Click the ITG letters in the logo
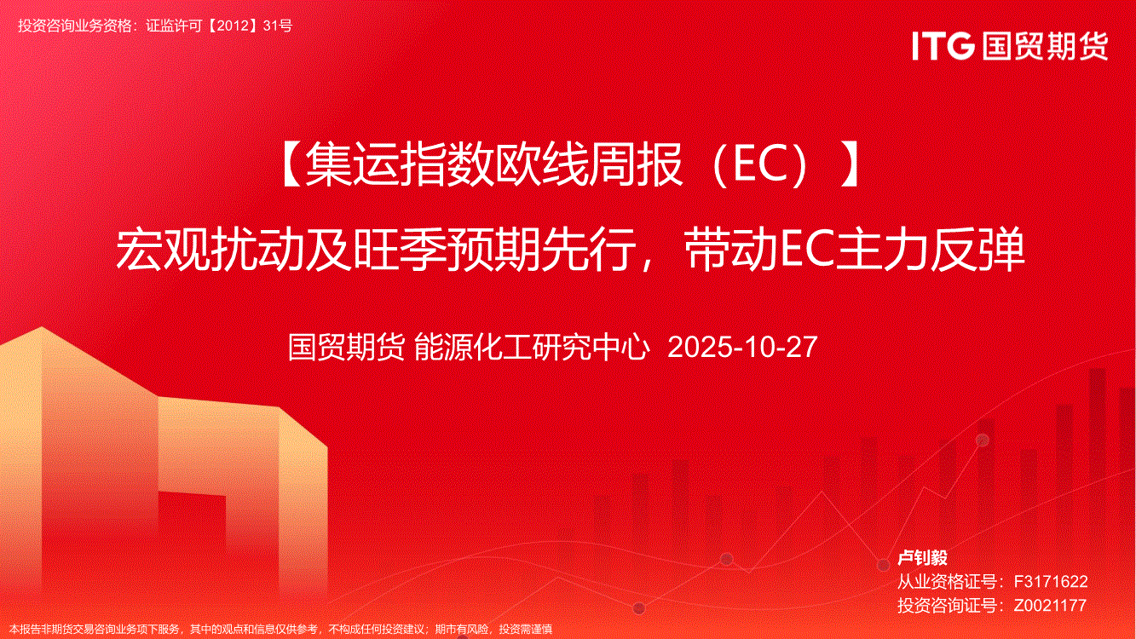point(943,46)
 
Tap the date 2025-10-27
point(742,348)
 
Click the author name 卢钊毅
point(922,558)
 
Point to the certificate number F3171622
point(1050,581)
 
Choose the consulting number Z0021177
point(1050,605)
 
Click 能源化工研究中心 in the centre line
point(532,348)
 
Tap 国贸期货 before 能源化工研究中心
point(346,348)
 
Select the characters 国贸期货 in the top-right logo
point(1045,46)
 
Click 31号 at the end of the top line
point(278,26)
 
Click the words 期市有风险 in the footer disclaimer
point(463,630)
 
